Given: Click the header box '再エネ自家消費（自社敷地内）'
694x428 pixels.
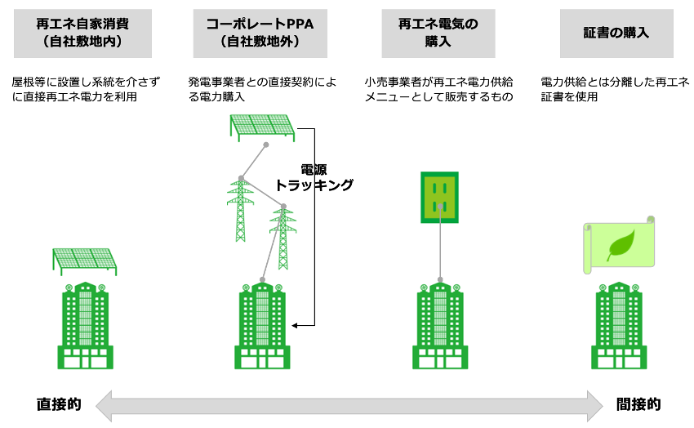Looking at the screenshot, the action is [x=82, y=33].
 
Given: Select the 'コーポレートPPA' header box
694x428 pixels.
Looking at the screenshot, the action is [x=260, y=33].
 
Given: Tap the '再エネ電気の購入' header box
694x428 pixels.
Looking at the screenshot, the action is [x=438, y=33].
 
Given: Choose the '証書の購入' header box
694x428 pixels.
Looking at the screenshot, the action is [x=616, y=33].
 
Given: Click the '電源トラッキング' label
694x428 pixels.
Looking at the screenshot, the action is [x=314, y=177].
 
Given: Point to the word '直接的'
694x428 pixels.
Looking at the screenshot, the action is [x=59, y=404].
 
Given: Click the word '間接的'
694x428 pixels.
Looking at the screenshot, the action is [x=638, y=404].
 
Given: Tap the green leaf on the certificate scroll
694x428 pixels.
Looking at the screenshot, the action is [x=621, y=245].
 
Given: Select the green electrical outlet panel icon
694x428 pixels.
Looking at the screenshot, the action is [x=439, y=198].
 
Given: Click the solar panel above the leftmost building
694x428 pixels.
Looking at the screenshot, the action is [x=85, y=261].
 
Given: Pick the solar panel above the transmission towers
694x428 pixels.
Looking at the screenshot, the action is [x=262, y=127].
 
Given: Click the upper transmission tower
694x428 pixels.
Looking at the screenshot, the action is [x=240, y=209].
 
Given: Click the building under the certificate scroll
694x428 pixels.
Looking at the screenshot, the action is [x=619, y=325].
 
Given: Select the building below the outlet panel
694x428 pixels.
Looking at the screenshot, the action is [x=440, y=325].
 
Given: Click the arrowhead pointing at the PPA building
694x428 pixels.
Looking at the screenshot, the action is [x=294, y=326].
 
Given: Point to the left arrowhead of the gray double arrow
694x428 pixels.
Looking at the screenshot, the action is [x=104, y=405].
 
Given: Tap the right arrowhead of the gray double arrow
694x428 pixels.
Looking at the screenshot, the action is [x=595, y=405].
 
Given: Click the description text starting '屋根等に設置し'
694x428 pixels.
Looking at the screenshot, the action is [x=86, y=89].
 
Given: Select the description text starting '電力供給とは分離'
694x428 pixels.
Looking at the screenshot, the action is [x=616, y=89].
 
